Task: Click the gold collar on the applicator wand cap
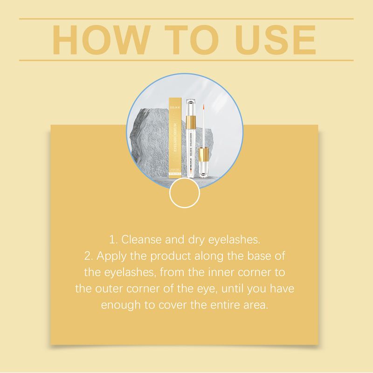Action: tap(204, 153)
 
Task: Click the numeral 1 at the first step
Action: tap(111, 240)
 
